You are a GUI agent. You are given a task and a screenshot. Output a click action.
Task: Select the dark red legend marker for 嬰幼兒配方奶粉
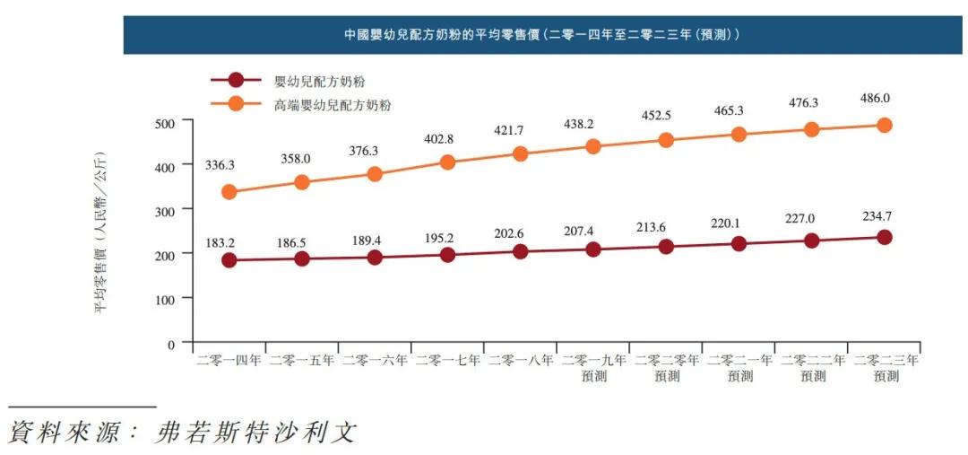point(236,80)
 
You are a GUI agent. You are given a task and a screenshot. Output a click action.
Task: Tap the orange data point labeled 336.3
point(229,192)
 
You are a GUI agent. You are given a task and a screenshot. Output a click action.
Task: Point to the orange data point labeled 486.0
point(884,126)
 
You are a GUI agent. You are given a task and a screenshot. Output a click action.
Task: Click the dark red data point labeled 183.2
point(229,260)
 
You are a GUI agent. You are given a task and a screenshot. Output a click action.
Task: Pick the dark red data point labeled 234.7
point(884,238)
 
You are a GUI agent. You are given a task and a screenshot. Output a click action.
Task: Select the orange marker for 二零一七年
point(448,162)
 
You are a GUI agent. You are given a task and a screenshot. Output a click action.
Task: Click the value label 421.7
point(520,131)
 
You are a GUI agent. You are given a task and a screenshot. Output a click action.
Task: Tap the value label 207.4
point(592,232)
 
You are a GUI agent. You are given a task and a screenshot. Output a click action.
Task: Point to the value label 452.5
point(665,116)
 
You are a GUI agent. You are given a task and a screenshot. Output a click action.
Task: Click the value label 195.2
point(447,237)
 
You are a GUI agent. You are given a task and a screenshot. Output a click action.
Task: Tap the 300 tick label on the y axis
point(168,210)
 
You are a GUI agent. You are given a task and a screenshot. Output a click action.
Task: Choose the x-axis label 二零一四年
point(229,361)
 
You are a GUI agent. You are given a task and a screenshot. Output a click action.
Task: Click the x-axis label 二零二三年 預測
point(885,368)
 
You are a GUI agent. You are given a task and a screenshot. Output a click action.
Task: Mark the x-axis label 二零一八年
point(520,361)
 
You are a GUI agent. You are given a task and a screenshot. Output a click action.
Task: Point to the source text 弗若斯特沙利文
point(255,433)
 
